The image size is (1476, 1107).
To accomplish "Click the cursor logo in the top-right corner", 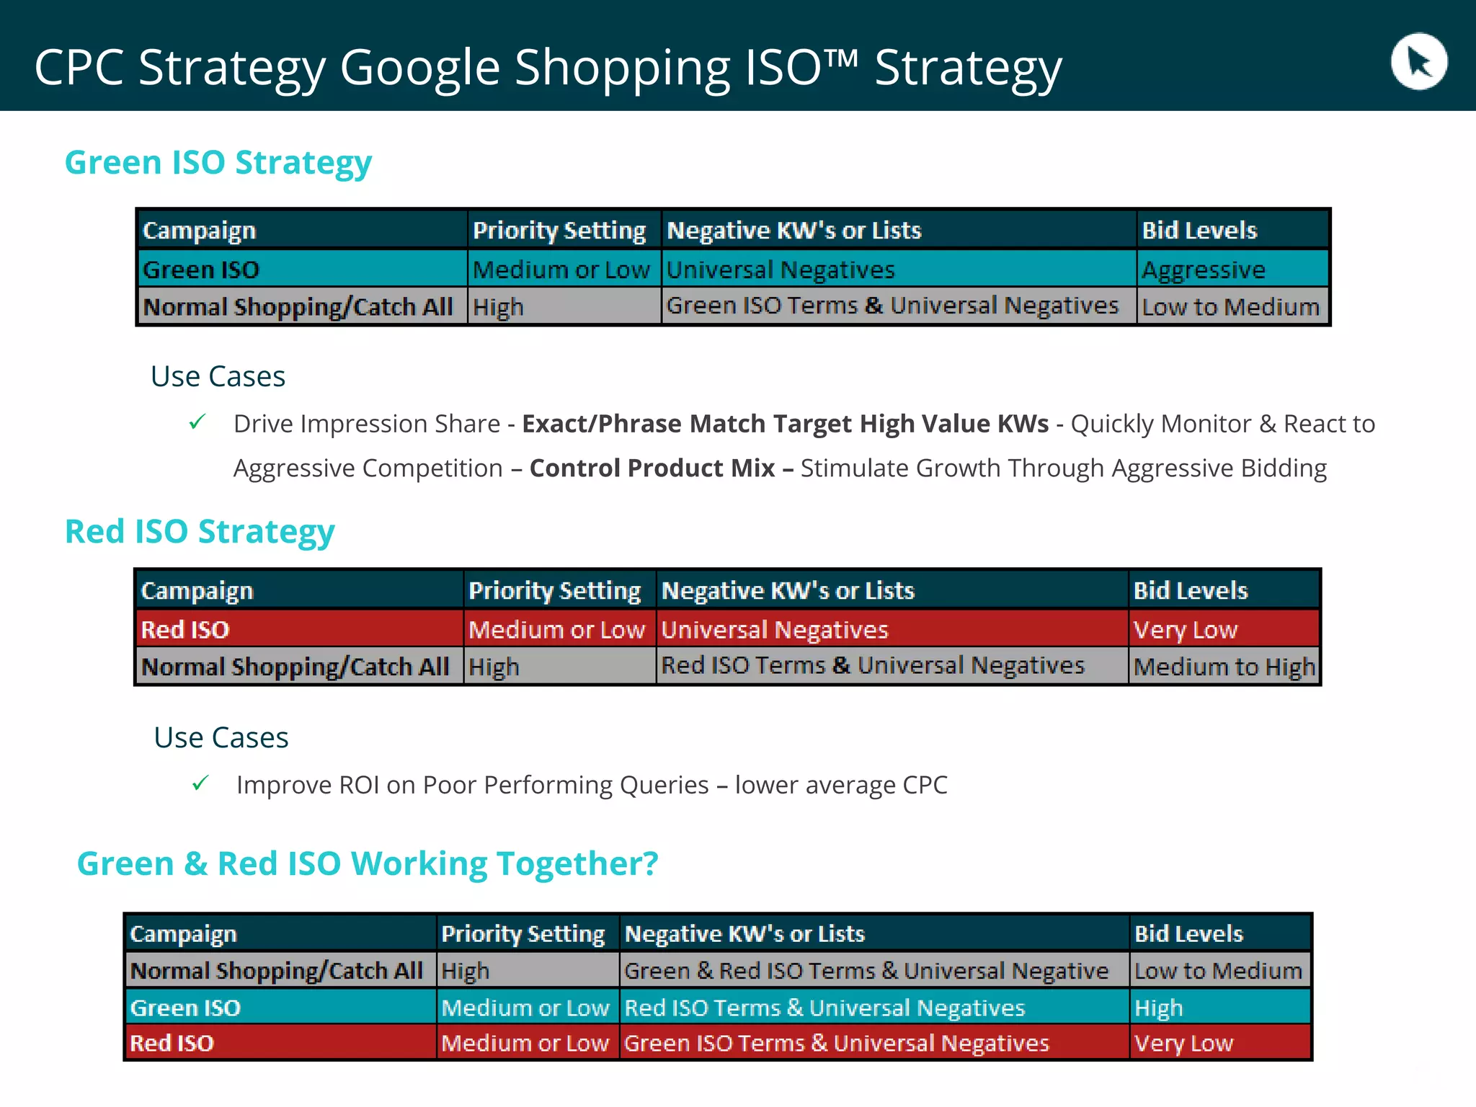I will point(1418,61).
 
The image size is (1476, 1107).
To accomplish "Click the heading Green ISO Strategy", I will point(218,163).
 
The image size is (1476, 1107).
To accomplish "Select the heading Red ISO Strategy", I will point(200,532).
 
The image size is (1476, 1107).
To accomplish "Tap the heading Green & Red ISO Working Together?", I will point(368,863).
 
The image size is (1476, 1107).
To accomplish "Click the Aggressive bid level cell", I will point(1204,270).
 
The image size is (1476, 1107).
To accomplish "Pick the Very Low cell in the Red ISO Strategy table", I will point(1186,630).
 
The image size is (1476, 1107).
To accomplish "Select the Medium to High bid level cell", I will point(1224,667).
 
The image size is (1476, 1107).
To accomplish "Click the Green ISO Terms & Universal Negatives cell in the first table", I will point(892,306).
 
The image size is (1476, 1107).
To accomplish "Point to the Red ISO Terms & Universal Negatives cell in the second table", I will point(873,665).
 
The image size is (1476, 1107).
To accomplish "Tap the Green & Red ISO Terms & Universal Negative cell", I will point(866,971).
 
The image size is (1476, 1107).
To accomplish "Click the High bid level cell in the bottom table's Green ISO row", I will point(1159,1008).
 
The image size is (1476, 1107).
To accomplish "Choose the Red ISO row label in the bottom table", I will point(172,1043).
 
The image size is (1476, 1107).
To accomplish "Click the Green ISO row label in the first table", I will point(201,270).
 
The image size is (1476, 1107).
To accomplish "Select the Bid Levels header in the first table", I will point(1199,231).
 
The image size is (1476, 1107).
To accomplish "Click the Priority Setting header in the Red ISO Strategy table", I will point(554,591).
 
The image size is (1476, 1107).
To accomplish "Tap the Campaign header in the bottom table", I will point(183,934).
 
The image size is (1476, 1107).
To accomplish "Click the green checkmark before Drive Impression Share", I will point(197,422).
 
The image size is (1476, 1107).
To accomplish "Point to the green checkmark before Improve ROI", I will point(200,783).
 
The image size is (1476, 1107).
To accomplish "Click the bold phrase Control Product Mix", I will point(652,468).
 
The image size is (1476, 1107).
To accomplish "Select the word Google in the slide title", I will point(420,68).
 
